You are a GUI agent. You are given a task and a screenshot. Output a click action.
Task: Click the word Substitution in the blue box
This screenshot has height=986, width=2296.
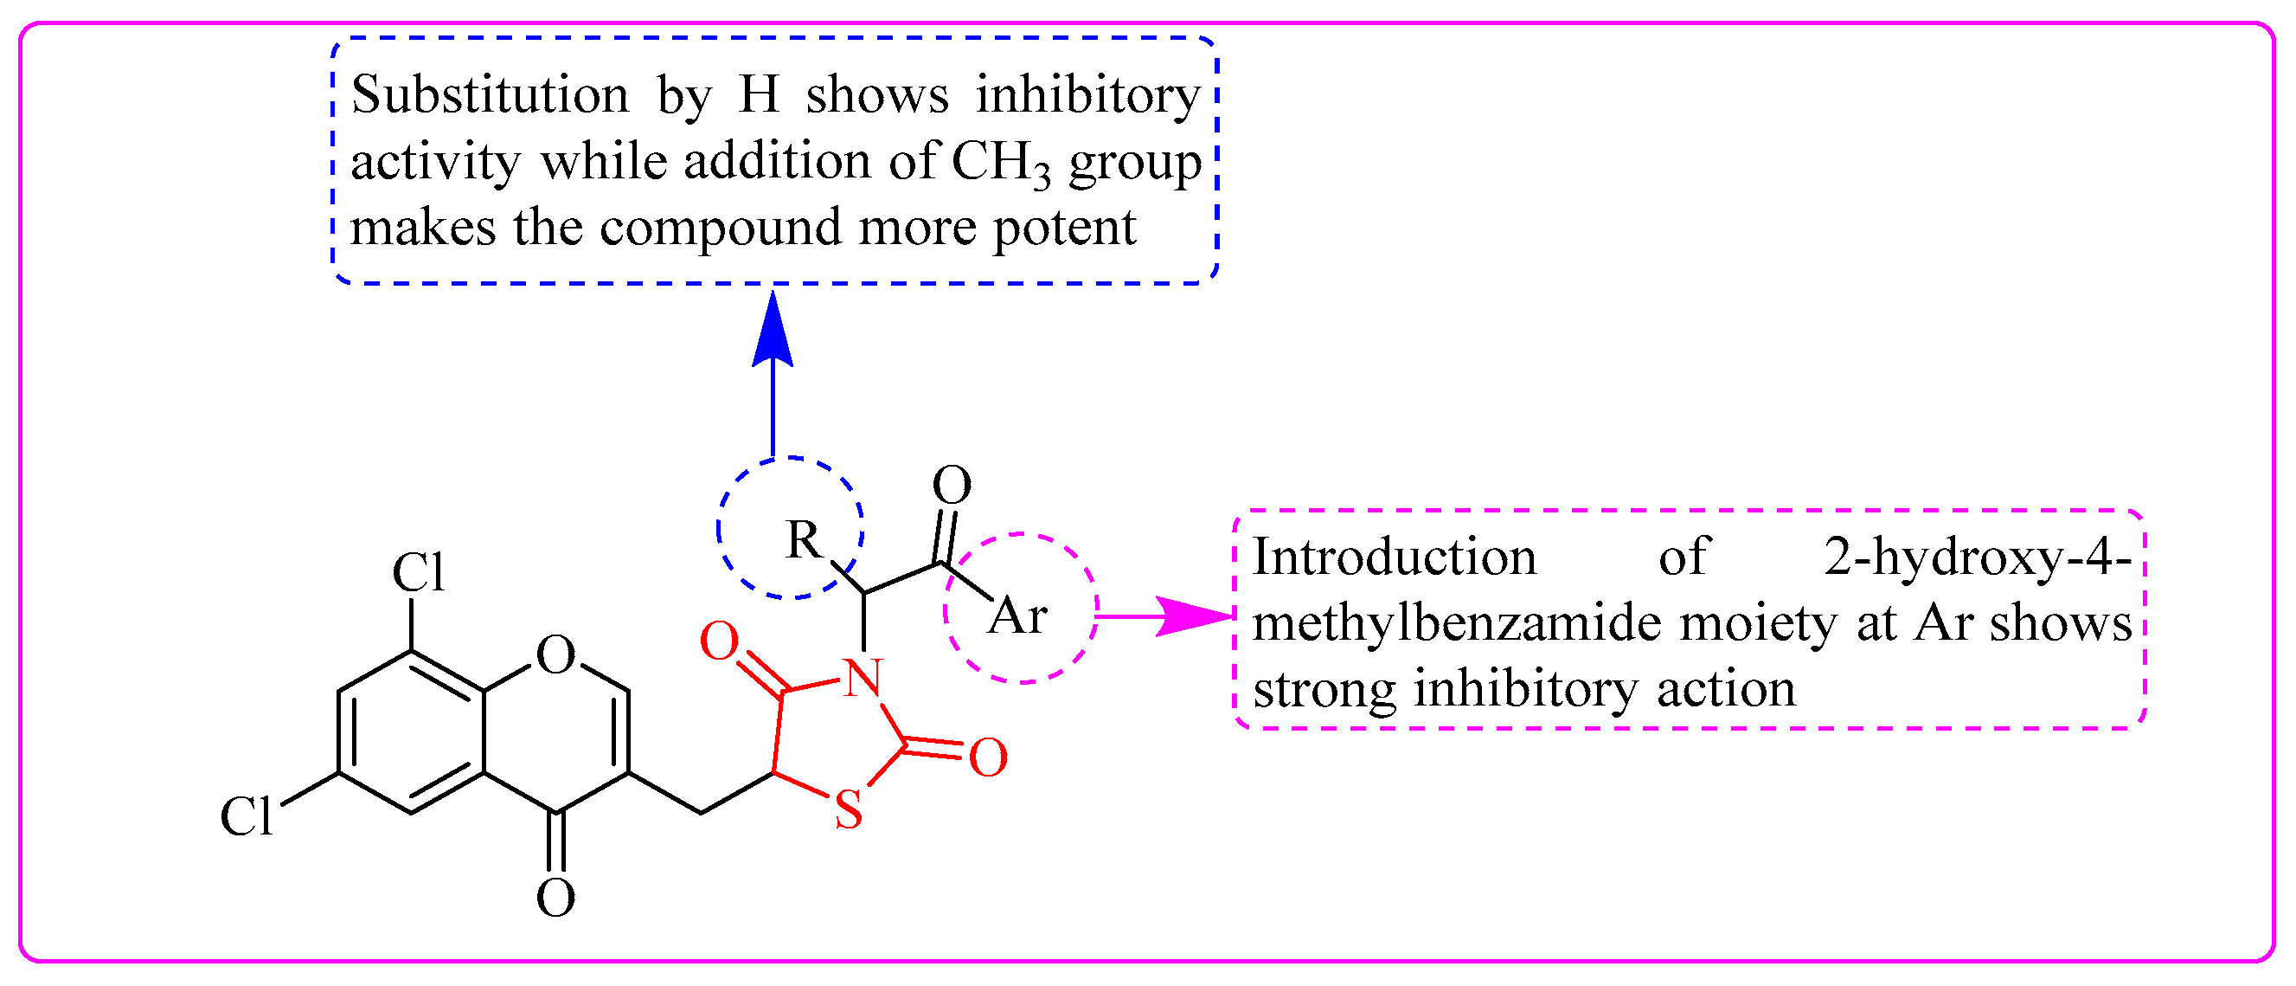(x=490, y=94)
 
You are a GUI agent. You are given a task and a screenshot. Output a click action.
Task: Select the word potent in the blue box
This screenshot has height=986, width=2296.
(x=1064, y=229)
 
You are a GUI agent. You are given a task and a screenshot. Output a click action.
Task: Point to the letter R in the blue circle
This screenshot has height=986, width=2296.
(x=803, y=539)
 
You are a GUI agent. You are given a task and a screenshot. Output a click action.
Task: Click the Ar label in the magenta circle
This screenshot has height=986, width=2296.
(x=1017, y=616)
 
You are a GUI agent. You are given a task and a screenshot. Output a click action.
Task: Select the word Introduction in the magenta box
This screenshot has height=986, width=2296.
(x=1394, y=557)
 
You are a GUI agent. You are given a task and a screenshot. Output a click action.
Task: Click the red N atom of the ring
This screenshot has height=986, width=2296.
(x=862, y=679)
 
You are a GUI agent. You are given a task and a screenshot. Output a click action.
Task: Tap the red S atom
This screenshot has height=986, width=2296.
(x=848, y=810)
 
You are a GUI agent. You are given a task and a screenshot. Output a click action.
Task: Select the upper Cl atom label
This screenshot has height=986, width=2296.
(x=418, y=572)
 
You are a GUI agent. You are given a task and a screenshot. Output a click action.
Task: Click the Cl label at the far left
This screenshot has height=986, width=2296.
(x=246, y=815)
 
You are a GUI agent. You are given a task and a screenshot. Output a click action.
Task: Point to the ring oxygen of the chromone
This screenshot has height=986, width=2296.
(x=556, y=655)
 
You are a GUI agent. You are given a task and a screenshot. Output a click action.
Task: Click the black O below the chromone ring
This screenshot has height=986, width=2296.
(x=555, y=898)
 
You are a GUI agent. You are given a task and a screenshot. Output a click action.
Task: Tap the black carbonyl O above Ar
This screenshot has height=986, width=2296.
(x=951, y=486)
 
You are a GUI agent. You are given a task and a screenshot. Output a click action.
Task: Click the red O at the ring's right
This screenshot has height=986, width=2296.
(x=988, y=757)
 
